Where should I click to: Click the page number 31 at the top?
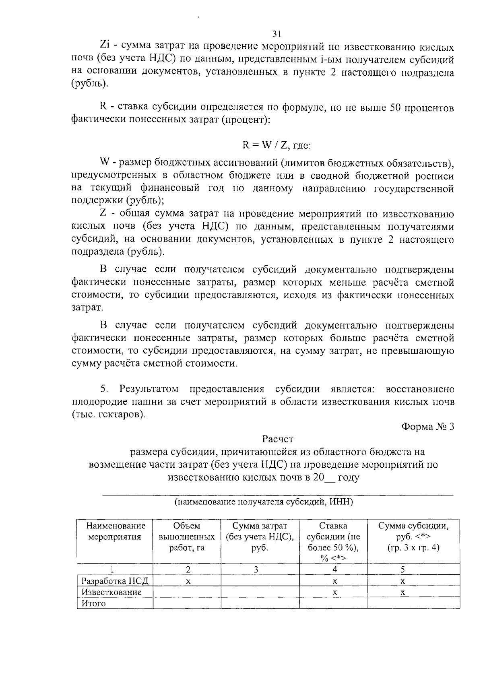pyautogui.click(x=276, y=33)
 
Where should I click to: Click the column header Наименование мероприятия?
pyautogui.click(x=115, y=531)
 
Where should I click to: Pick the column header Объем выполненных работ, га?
pyautogui.click(x=187, y=537)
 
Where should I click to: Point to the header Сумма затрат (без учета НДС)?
pyautogui.click(x=260, y=537)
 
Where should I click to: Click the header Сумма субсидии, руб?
pyautogui.click(x=413, y=537)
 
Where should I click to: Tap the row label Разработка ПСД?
pyautogui.click(x=115, y=581)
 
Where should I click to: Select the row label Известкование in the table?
pyautogui.click(x=111, y=592)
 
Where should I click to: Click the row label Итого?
pyautogui.click(x=93, y=603)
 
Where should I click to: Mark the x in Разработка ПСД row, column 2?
pyautogui.click(x=187, y=581)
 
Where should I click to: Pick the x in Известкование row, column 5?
pyautogui.click(x=402, y=592)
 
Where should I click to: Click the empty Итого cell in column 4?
pyautogui.click(x=333, y=603)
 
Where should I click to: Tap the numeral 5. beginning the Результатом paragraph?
pyautogui.click(x=104, y=389)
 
